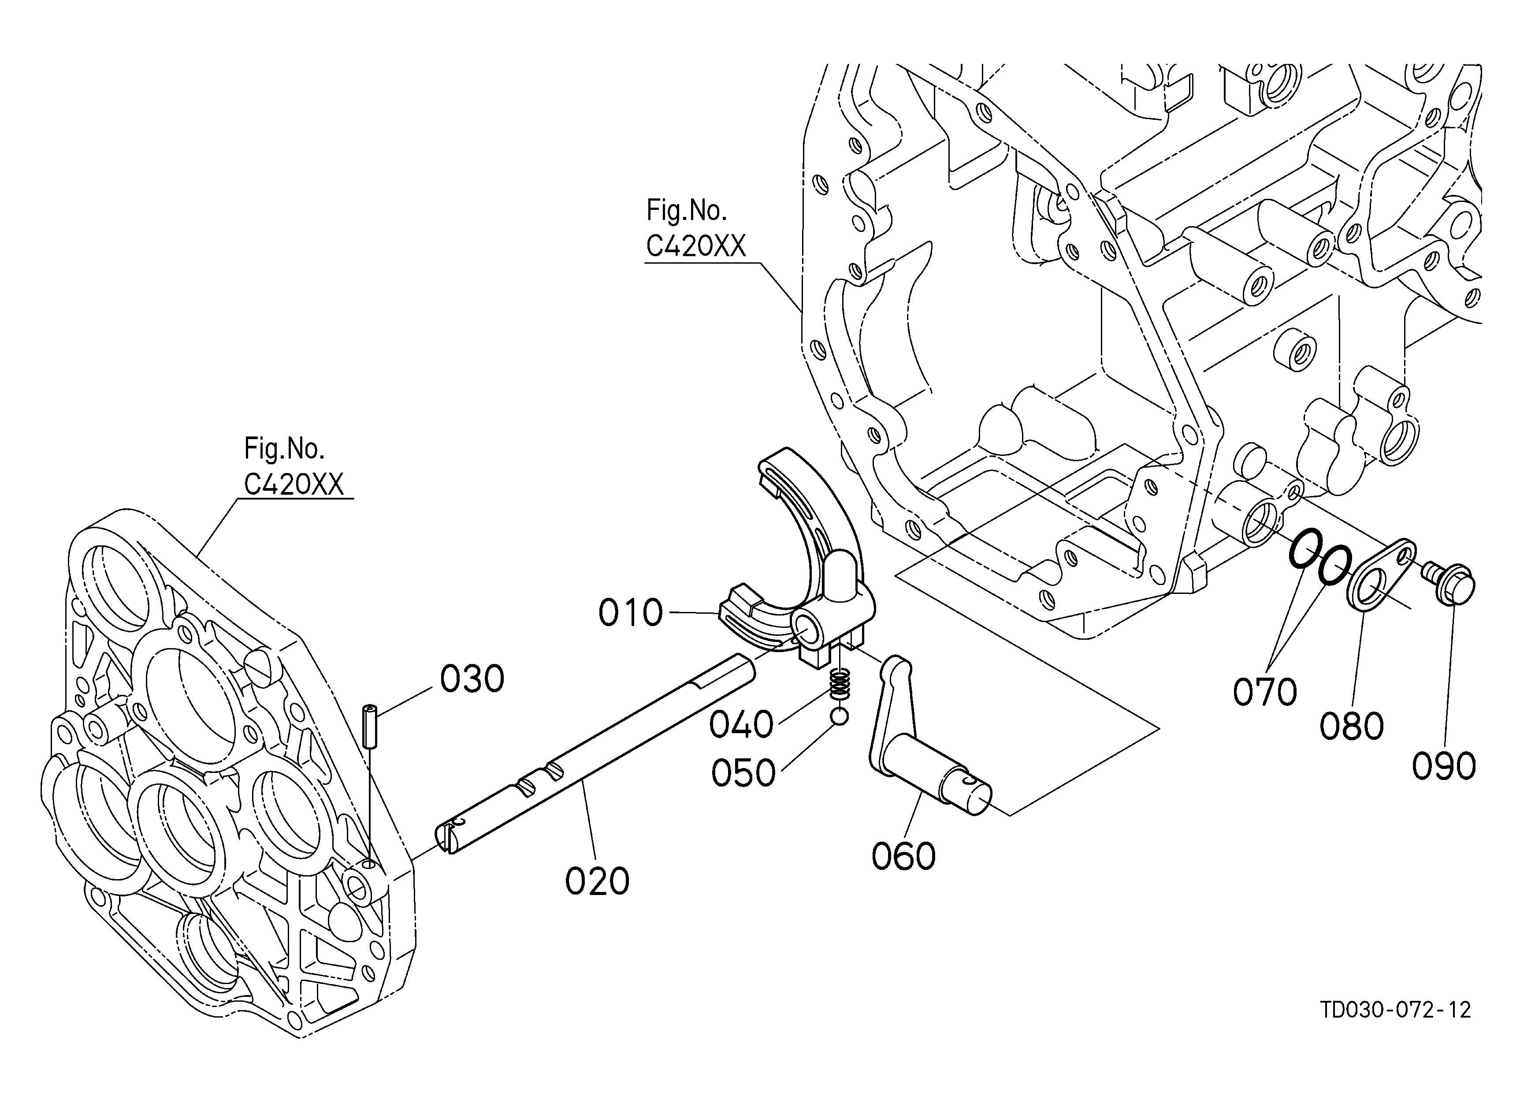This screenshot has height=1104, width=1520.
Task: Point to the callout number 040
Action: pos(741,725)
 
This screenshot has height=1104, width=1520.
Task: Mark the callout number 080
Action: pos(1352,726)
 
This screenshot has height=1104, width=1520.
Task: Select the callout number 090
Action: pos(1444,766)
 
